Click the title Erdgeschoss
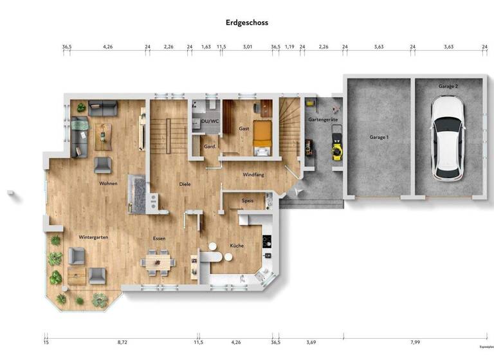pos(247,22)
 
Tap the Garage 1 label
pos(379,138)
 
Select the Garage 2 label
pos(448,86)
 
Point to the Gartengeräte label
pos(323,120)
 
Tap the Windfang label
pos(253,175)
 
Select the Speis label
pos(248,201)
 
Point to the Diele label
pos(185,184)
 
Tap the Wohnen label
pos(107,183)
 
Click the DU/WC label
pos(209,120)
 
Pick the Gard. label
pos(209,146)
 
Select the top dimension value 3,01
pos(247,47)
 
